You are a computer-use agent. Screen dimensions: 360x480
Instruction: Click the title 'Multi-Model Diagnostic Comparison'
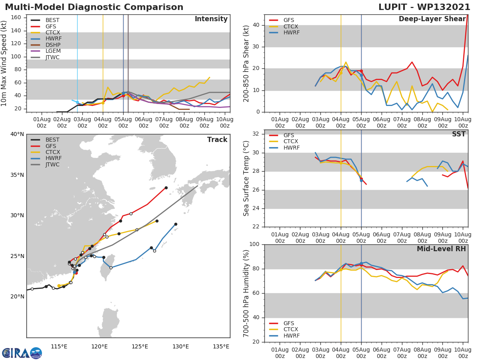(94, 7)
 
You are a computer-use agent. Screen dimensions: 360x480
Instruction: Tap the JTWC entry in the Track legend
(52, 164)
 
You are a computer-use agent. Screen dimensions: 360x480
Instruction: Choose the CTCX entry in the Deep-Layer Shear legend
(291, 26)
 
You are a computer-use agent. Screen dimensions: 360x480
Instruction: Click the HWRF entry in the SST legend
(291, 148)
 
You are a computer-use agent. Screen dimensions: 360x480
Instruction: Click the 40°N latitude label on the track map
(17, 134)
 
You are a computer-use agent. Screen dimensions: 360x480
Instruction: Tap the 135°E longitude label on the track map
(221, 346)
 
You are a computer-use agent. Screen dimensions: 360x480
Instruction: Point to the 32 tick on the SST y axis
(255, 134)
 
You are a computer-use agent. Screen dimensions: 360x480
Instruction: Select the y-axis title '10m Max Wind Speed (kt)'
(4, 63)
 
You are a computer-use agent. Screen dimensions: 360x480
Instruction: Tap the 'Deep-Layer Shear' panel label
(432, 19)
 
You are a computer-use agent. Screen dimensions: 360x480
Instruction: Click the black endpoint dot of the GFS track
(166, 188)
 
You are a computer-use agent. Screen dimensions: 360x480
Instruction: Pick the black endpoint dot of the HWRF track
(176, 224)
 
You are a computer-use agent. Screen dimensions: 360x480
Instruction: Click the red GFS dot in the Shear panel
(361, 71)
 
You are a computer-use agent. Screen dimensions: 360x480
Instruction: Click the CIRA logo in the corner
(22, 353)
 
